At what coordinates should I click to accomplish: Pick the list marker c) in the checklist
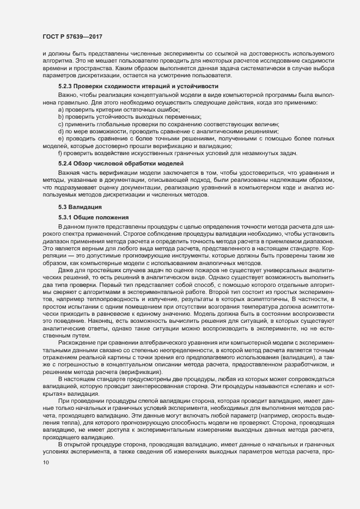tap(60, 125)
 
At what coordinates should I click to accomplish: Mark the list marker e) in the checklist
tap(60, 139)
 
